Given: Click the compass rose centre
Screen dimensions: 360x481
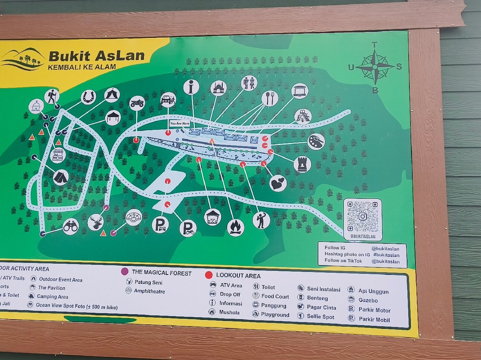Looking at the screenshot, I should [x=375, y=67].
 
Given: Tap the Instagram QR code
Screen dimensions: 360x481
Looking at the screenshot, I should [x=363, y=217].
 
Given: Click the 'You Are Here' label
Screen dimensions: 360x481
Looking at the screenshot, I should [x=179, y=123].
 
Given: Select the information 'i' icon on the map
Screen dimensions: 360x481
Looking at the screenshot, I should [x=191, y=87].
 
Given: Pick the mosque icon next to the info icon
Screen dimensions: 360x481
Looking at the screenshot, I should [x=218, y=88].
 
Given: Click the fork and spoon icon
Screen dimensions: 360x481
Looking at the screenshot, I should [x=269, y=98].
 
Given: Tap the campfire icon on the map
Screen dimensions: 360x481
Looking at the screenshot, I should [x=235, y=227].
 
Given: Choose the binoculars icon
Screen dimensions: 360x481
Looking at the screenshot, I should [x=70, y=227].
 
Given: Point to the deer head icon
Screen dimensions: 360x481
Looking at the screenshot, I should [x=95, y=222].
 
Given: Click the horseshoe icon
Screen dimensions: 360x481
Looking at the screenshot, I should [x=88, y=97].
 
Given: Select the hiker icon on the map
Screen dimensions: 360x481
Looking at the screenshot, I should [x=52, y=96].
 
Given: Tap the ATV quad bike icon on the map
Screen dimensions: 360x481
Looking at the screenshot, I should [x=137, y=103].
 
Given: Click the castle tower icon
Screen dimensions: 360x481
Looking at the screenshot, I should [x=302, y=164].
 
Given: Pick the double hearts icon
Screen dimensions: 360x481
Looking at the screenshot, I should [x=278, y=183].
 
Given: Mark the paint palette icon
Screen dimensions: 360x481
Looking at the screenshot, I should [x=316, y=142].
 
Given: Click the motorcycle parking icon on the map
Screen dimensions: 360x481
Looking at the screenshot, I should [x=188, y=228].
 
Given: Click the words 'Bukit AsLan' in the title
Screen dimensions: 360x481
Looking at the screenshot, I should [x=97, y=56].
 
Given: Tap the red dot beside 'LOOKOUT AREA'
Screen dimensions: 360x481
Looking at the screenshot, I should [x=208, y=275].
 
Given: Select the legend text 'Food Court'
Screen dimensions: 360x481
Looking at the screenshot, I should [x=275, y=296].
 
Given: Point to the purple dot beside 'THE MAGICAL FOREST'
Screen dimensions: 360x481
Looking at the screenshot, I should [x=125, y=271].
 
